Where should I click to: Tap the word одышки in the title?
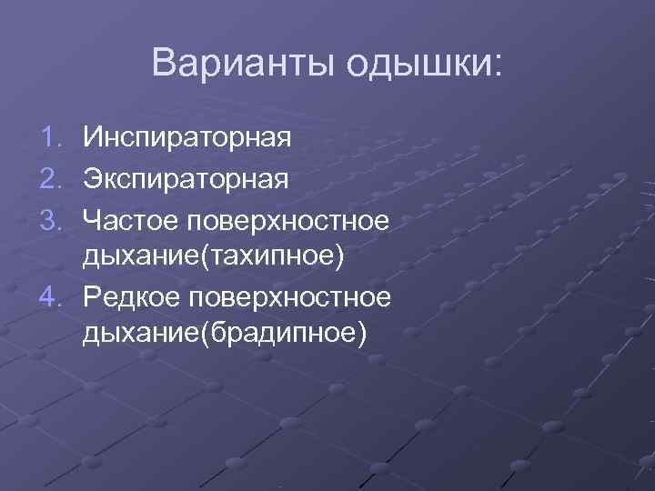tap(419, 65)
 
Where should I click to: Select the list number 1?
tap(50, 139)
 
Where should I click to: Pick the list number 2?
tap(50, 178)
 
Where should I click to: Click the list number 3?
tap(50, 218)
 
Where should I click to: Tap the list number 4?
tap(50, 296)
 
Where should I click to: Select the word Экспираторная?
tap(186, 179)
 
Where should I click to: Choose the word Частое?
tap(129, 218)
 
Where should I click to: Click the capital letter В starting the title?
tap(163, 63)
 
